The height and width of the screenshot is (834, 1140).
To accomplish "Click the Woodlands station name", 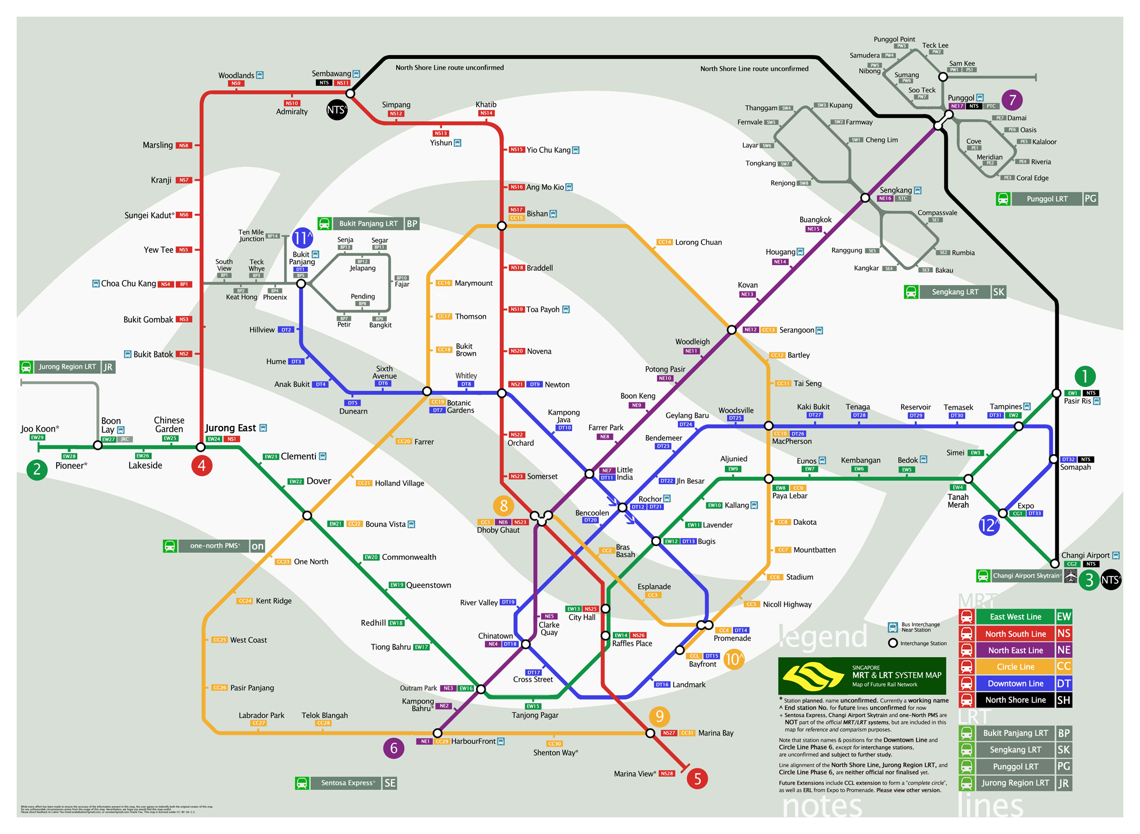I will pyautogui.click(x=236, y=76).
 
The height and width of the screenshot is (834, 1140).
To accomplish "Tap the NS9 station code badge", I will pyautogui.click(x=236, y=84).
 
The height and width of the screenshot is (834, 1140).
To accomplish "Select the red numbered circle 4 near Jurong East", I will pyautogui.click(x=201, y=465).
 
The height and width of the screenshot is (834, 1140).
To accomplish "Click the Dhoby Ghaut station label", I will pyautogui.click(x=498, y=530).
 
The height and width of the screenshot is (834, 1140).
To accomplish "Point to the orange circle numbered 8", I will pyautogui.click(x=503, y=506).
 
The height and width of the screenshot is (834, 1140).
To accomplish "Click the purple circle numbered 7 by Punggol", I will pyautogui.click(x=1012, y=100).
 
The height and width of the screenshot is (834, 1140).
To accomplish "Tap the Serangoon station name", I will pyautogui.click(x=796, y=330).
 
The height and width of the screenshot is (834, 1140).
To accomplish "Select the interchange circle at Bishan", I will pyautogui.click(x=502, y=226).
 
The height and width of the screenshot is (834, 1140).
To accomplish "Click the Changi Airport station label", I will pyautogui.click(x=1085, y=555).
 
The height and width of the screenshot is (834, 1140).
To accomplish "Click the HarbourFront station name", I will pyautogui.click(x=473, y=741).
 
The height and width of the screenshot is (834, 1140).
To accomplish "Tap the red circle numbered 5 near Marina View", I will pyautogui.click(x=697, y=778).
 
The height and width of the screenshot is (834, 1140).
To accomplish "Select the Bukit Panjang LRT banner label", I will pyautogui.click(x=368, y=224).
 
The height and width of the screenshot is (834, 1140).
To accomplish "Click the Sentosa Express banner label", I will pyautogui.click(x=347, y=783).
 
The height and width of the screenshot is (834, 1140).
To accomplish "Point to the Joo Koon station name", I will pyautogui.click(x=39, y=429).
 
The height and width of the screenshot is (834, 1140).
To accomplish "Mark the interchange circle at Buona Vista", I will pyautogui.click(x=307, y=515).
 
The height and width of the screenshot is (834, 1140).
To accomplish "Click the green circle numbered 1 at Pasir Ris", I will pyautogui.click(x=1084, y=376).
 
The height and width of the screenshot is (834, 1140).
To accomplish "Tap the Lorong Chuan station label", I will pyautogui.click(x=698, y=242).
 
